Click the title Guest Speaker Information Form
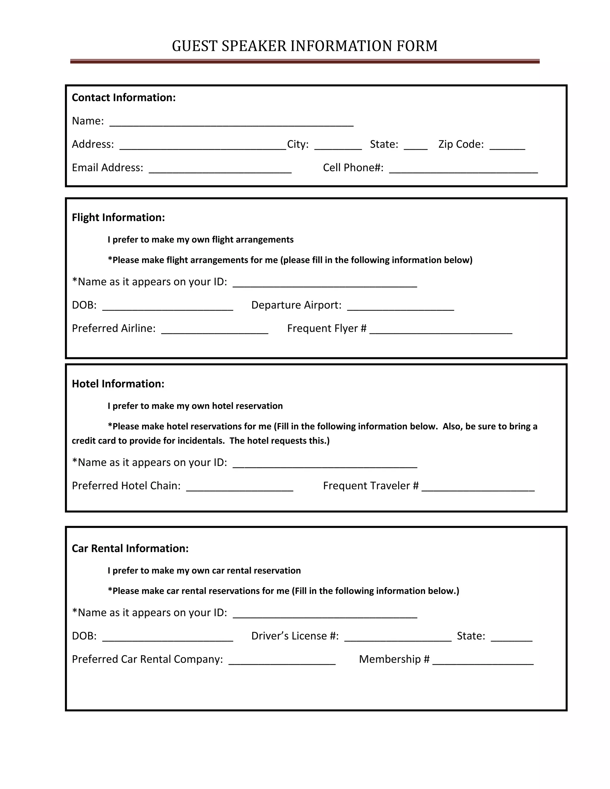tap(305, 46)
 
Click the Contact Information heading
tap(124, 98)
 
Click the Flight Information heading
tap(118, 217)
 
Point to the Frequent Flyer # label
tap(327, 328)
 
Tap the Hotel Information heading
tap(118, 384)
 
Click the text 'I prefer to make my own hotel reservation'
tap(195, 406)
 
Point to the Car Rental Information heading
tap(130, 548)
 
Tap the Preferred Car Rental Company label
tap(147, 659)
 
